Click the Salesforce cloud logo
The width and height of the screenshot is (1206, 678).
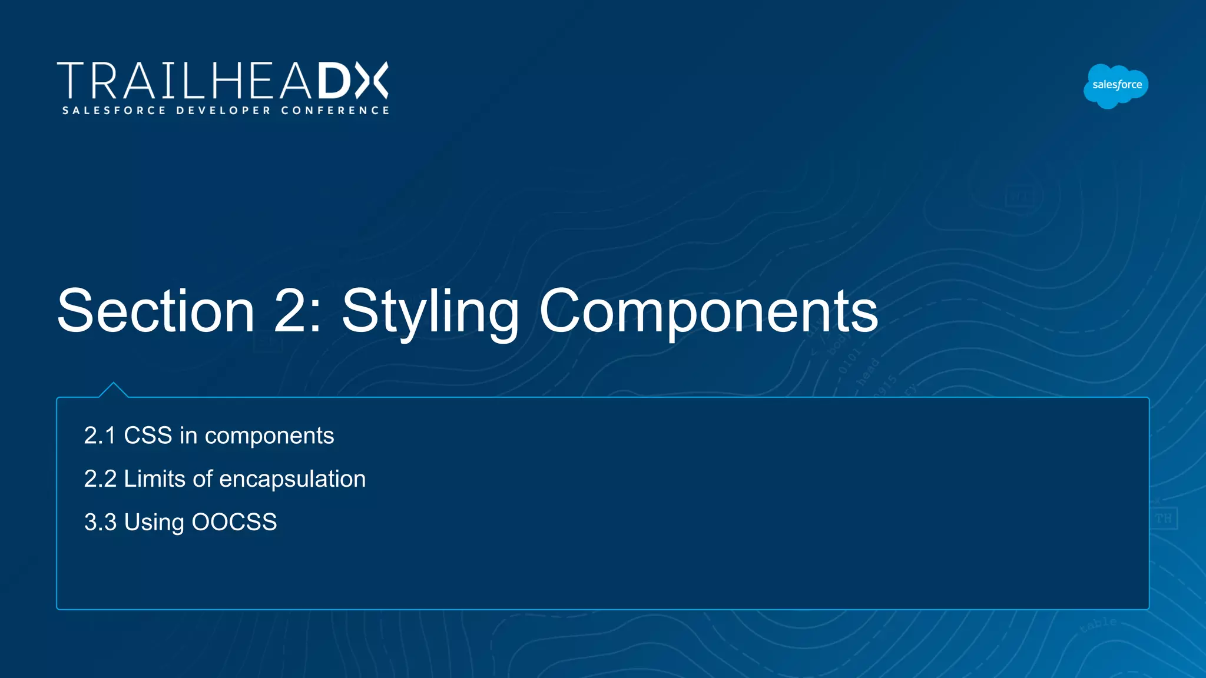point(1116,86)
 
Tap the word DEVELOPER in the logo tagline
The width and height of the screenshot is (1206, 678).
point(224,111)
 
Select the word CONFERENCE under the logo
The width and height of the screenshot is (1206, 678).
point(335,111)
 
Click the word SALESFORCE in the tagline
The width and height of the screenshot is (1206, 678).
point(114,111)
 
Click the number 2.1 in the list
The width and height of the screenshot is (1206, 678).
point(100,436)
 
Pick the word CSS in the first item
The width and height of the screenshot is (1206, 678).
point(148,436)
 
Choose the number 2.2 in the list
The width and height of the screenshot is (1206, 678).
point(100,479)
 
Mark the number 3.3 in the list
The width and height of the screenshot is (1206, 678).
point(100,523)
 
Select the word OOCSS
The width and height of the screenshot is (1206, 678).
point(234,523)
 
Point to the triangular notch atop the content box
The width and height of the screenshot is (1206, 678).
point(114,390)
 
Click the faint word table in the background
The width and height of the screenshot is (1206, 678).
point(1098,624)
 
